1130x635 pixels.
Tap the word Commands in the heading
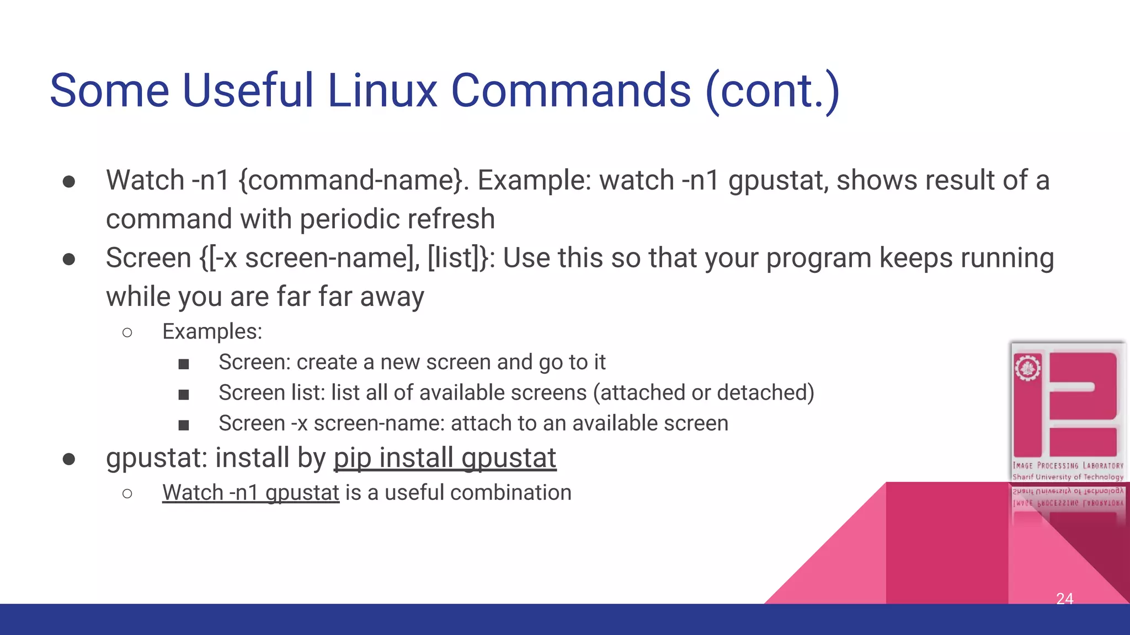pos(571,90)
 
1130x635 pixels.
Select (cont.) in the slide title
pos(772,92)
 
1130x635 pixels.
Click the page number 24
pos(1064,598)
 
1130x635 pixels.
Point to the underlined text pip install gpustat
pos(445,458)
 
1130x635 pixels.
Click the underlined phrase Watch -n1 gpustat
pos(250,493)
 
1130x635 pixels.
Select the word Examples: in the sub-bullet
pos(212,332)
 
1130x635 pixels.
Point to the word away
pos(392,297)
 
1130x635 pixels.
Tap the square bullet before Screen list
pos(184,394)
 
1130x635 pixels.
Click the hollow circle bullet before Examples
pos(127,332)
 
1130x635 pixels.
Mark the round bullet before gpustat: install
pos(69,459)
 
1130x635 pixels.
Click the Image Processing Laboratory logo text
pos(1068,466)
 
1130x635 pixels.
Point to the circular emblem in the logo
pos(1027,368)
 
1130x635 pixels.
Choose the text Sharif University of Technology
pos(1068,477)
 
